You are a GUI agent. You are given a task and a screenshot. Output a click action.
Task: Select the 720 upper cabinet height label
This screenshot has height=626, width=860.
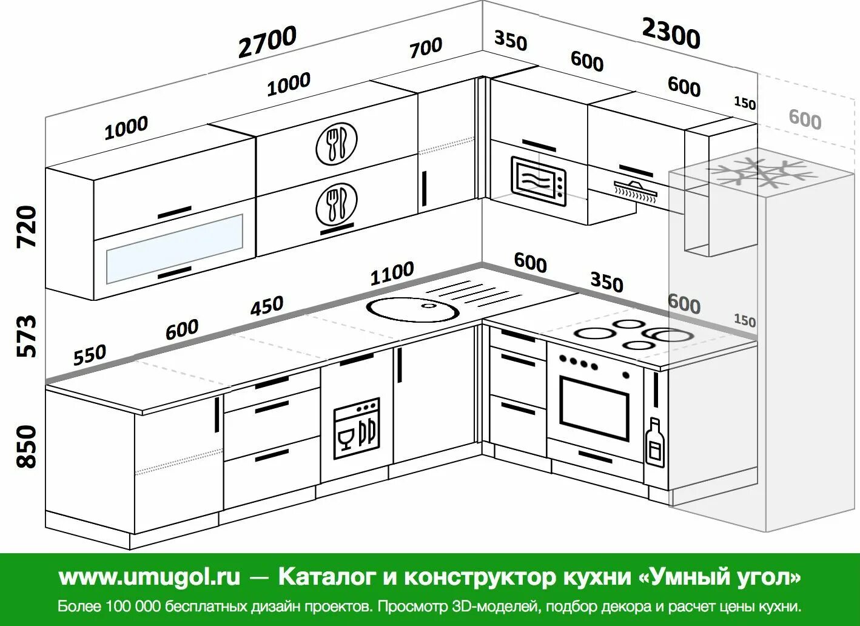click(x=27, y=226)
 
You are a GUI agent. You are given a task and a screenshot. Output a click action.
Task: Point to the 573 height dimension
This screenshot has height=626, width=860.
click(x=27, y=335)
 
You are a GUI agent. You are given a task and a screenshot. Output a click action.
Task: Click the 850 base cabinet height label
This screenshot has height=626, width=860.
click(x=27, y=446)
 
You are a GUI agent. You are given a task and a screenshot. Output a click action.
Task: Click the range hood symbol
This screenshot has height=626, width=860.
click(x=636, y=189)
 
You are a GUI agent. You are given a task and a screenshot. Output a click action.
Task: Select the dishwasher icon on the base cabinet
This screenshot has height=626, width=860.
click(x=357, y=428)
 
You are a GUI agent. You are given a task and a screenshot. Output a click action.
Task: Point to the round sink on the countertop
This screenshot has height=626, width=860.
click(x=412, y=308)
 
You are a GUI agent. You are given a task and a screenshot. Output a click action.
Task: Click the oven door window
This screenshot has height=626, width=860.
click(x=594, y=408)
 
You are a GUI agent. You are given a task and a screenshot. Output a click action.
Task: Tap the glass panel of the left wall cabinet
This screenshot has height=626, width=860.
click(x=175, y=248)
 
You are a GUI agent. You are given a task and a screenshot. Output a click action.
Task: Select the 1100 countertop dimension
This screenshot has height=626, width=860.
click(x=392, y=274)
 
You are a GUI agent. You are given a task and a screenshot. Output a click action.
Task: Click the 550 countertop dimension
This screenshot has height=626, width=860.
click(x=90, y=355)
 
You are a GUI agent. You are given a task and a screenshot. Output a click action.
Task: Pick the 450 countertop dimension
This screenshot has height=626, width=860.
click(x=267, y=306)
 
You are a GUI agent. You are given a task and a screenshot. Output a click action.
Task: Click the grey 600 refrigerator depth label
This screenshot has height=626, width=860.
click(x=805, y=119)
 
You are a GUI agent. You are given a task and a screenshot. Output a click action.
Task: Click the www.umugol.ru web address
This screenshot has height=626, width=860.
click(x=149, y=576)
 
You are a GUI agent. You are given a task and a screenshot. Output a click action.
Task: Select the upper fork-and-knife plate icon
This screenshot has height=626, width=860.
click(x=336, y=143)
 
